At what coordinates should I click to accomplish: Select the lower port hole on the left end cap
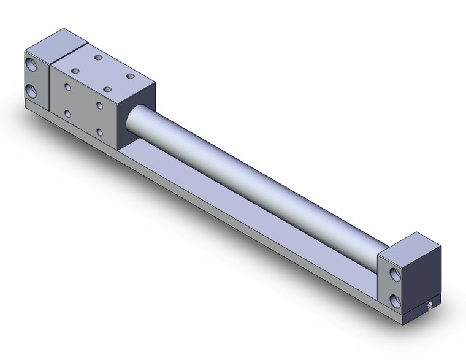pos(32,91)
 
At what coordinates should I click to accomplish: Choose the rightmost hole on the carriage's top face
pos(130,76)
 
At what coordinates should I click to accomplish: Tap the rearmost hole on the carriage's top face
pos(97,58)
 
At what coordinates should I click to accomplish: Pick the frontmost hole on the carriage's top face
pos(107,90)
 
